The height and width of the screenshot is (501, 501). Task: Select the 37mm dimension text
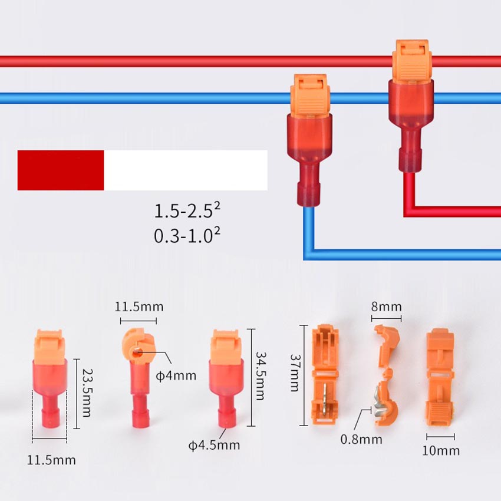tap(295, 373)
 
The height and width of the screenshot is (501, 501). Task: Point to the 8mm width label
tap(387, 306)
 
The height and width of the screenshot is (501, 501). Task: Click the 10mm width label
tap(441, 451)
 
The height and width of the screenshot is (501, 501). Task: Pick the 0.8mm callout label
tap(361, 439)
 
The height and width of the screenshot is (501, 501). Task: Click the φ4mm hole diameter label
tap(177, 375)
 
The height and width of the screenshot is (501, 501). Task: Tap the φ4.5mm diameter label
tap(215, 445)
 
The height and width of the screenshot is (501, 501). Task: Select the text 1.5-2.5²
tap(187, 211)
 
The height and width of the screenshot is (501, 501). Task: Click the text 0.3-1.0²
tap(187, 236)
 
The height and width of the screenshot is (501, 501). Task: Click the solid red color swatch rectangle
tap(61, 170)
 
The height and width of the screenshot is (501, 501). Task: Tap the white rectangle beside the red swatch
tap(186, 170)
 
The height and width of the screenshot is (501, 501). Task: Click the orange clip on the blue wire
tap(309, 94)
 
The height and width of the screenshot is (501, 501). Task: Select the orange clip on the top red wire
tap(411, 61)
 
